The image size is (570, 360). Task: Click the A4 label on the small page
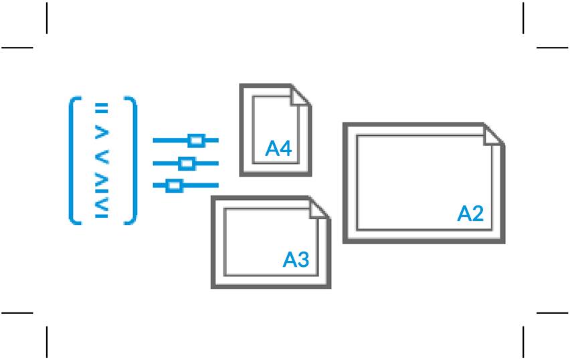279,149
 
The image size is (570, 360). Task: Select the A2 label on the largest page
470,213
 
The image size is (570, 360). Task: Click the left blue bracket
74,161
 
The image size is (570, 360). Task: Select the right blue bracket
131,161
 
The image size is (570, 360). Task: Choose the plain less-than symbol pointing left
102,158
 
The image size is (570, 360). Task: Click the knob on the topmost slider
196,141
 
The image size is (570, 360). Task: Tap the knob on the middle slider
187,163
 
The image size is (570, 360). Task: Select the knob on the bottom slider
174,185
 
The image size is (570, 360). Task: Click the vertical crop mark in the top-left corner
47,17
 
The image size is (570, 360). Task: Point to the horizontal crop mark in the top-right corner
552,48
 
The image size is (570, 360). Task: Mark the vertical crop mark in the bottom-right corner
523,342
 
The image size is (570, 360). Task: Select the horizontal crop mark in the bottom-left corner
17,312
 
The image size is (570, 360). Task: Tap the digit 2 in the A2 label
476,213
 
